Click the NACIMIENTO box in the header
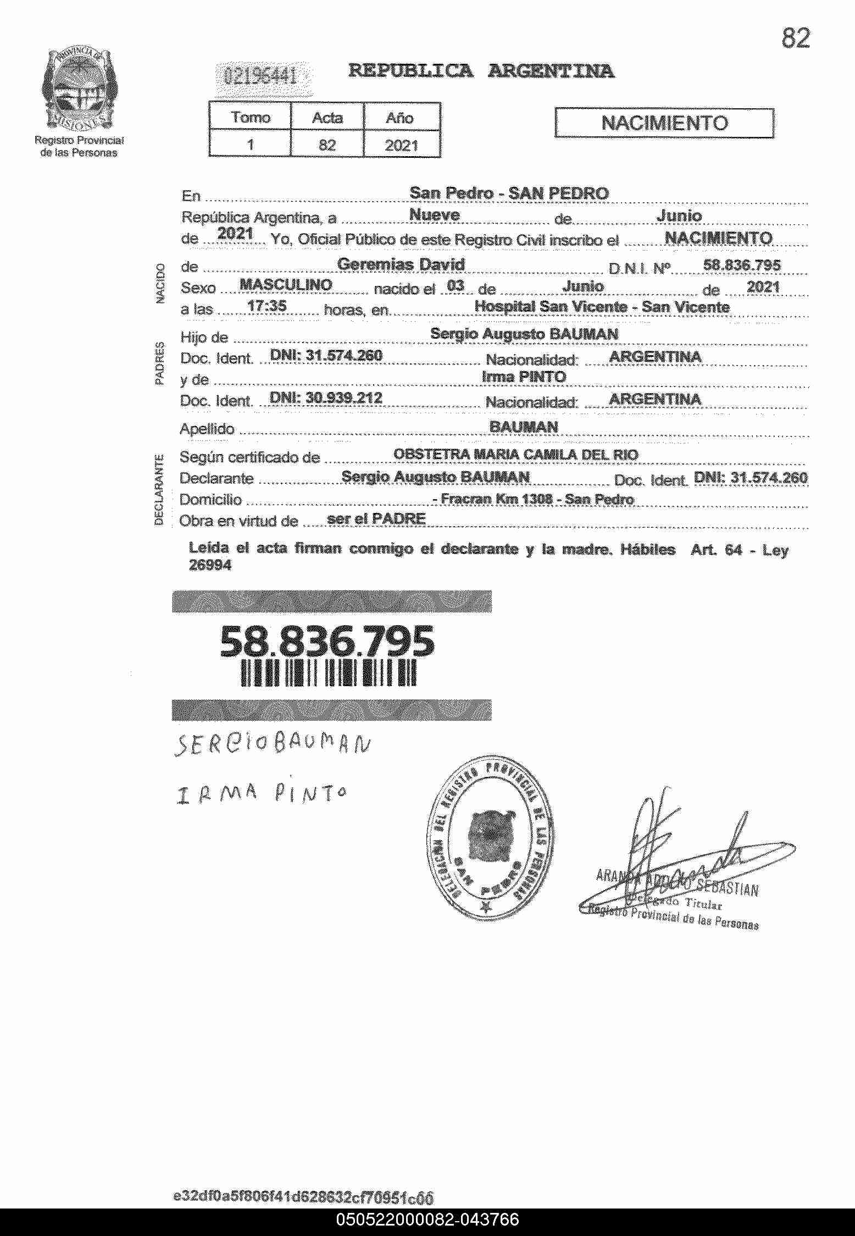(664, 123)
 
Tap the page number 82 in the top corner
(795, 38)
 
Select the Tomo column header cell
(251, 117)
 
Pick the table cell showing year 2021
(401, 145)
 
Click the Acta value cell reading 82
(327, 145)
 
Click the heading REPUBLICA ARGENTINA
(481, 71)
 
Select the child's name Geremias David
(401, 264)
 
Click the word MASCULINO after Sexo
(286, 285)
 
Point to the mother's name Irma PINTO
(523, 377)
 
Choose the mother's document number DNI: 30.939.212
(326, 398)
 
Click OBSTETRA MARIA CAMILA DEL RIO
(515, 454)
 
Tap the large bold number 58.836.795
(327, 642)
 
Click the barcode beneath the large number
(328, 674)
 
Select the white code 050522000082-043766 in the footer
(427, 1220)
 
